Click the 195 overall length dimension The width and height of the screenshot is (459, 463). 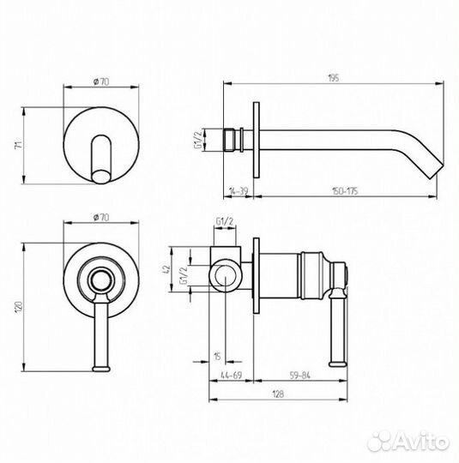point(334,78)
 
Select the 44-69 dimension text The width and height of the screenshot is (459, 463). point(230,375)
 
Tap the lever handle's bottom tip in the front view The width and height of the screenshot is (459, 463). point(103,369)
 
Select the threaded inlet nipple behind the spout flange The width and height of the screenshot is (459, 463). point(232,138)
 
